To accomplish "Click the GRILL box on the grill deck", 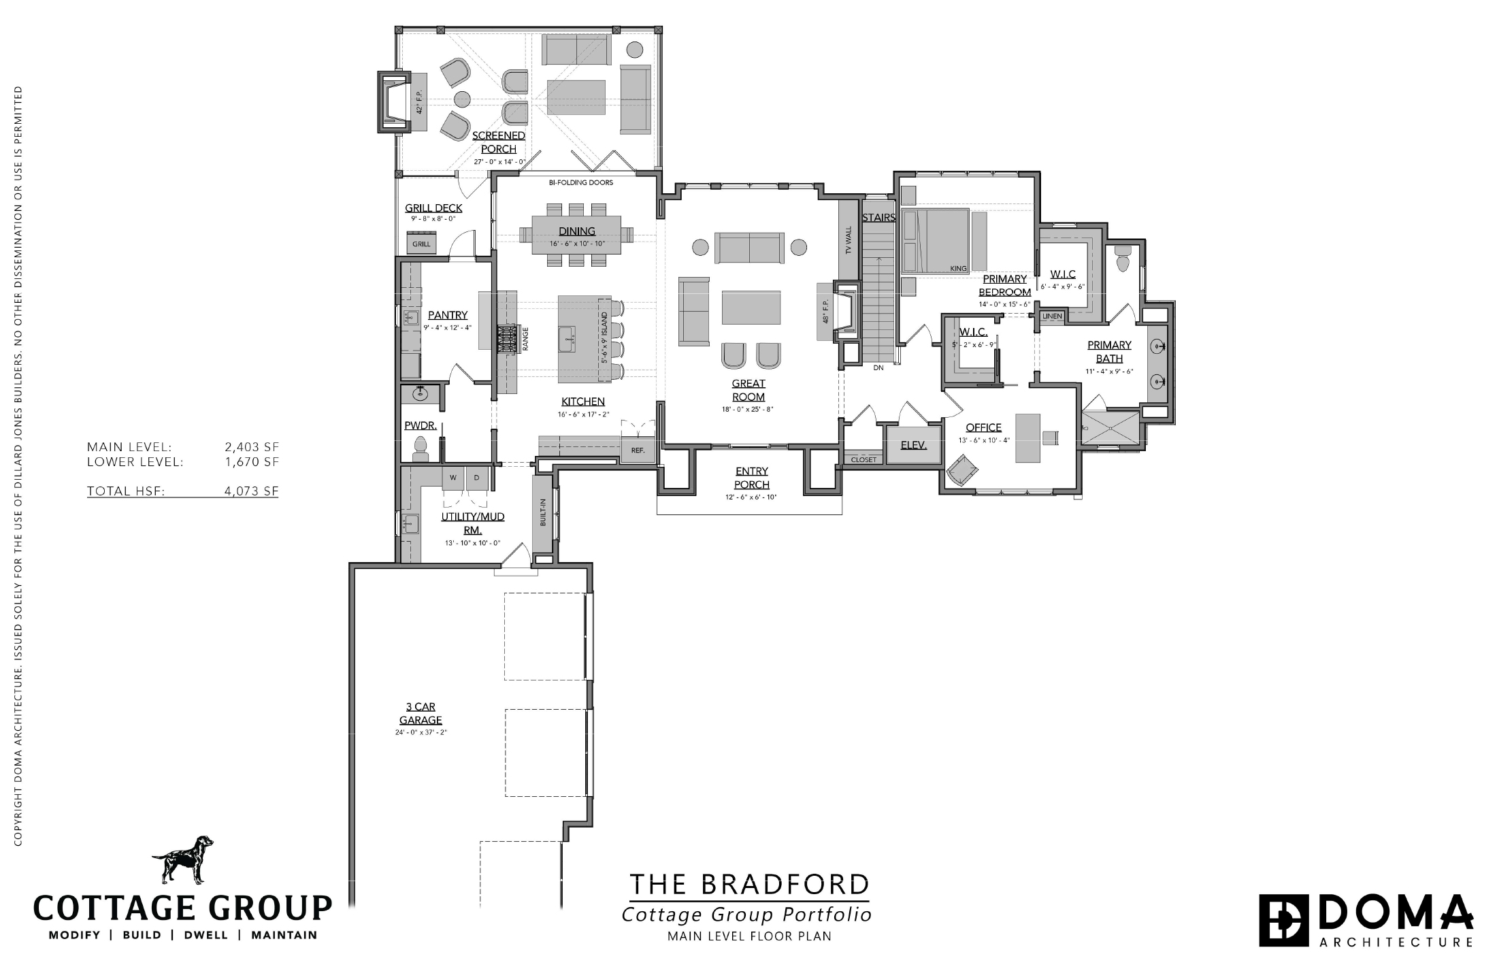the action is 421,243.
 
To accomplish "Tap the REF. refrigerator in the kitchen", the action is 638,450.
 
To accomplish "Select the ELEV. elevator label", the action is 914,445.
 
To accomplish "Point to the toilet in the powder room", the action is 420,448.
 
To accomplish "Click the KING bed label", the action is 958,269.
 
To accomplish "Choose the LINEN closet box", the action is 1052,316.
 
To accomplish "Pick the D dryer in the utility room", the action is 477,478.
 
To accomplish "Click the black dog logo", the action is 182,859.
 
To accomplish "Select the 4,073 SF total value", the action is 251,491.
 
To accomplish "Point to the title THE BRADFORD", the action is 749,885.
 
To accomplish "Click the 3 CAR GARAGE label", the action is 421,714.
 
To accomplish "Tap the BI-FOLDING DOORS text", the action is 581,182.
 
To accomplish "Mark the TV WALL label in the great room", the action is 849,240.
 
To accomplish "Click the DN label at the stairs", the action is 878,367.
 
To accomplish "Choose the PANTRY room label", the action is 448,315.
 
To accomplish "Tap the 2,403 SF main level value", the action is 252,447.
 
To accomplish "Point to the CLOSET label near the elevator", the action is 864,460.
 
